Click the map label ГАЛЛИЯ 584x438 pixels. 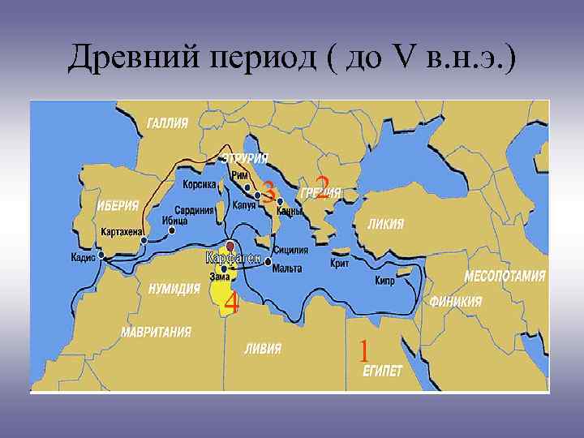tap(168, 122)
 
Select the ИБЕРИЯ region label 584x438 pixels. tap(122, 204)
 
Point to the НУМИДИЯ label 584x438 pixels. tap(175, 288)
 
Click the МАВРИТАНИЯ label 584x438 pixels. tap(157, 332)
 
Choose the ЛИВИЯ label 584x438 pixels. tap(263, 350)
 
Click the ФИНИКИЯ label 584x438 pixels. tap(457, 301)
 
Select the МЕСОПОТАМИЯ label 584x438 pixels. tap(505, 276)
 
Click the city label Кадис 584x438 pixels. tap(83, 258)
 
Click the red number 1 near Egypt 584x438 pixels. tap(364, 350)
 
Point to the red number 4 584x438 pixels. tap(231, 304)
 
